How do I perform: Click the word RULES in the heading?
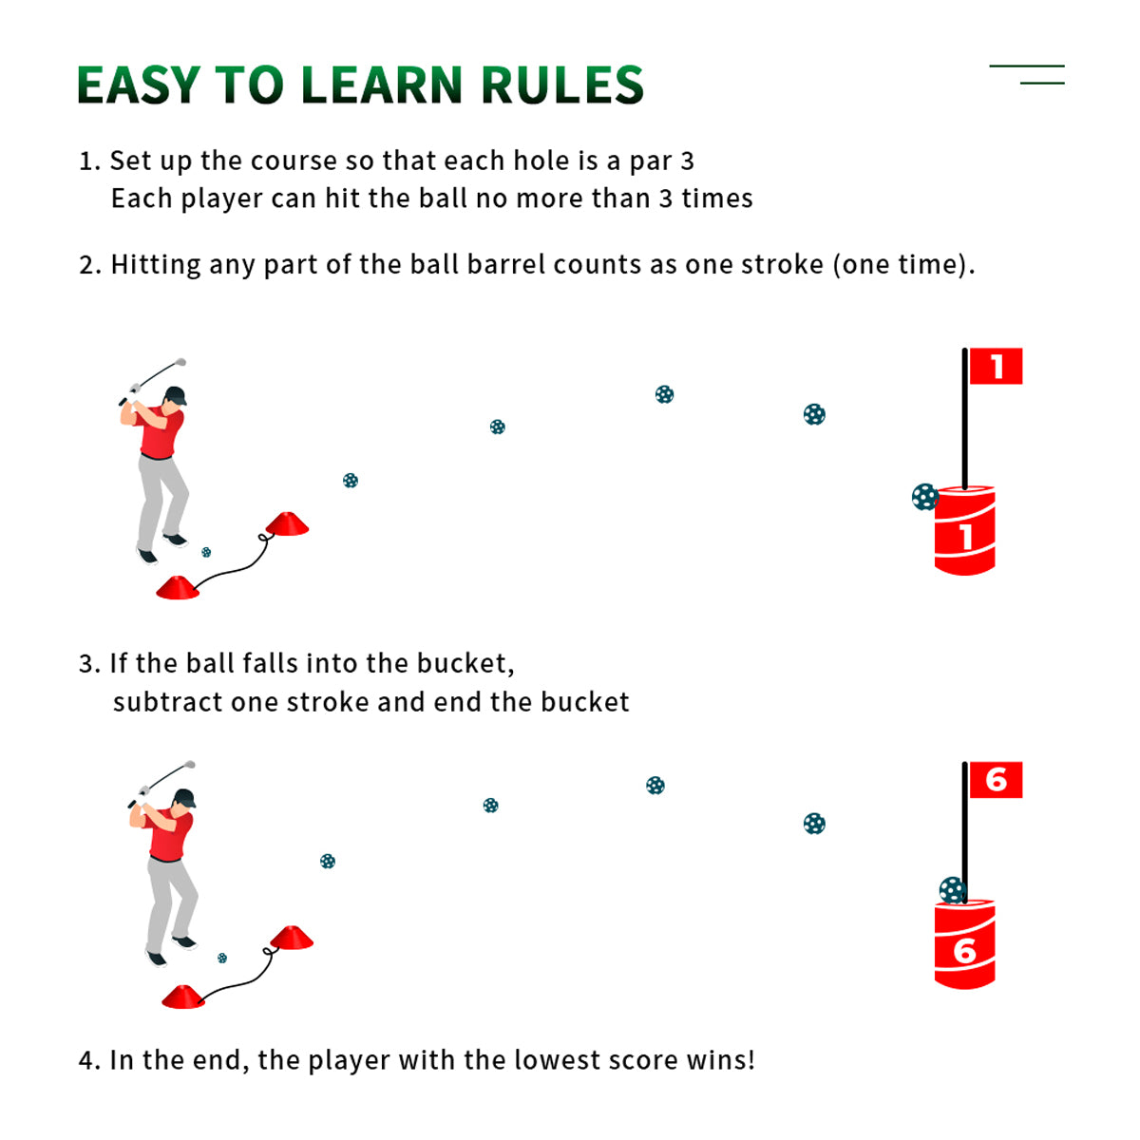coord(562,85)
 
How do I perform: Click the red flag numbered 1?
coord(996,366)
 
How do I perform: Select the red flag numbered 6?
coord(996,780)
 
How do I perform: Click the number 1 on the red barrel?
coord(965,537)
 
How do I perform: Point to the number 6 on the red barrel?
coord(964,951)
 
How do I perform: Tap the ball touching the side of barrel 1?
coord(924,497)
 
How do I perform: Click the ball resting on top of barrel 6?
coord(953,890)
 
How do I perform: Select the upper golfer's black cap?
coord(177,395)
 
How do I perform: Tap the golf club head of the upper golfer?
coord(180,361)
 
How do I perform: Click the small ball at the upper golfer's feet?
coord(206,552)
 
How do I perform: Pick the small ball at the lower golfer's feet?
coord(222,958)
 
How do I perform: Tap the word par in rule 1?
coord(651,161)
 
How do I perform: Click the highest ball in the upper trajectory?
coord(664,394)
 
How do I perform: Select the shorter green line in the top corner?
coord(1042,84)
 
